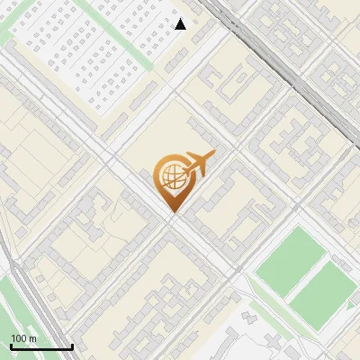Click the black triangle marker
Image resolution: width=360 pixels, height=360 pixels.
click(x=181, y=24)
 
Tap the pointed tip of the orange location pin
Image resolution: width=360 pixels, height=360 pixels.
click(x=172, y=212)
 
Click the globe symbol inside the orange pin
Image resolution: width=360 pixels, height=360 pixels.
click(x=171, y=176)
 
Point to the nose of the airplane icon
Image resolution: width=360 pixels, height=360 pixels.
click(x=214, y=154)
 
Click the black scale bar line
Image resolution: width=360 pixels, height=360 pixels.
click(x=40, y=346)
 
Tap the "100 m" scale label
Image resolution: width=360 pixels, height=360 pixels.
click(x=23, y=338)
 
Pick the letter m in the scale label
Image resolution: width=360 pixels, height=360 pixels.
click(x=32, y=338)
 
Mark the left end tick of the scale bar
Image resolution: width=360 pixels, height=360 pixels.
click(x=11, y=345)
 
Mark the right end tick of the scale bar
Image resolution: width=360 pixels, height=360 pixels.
click(x=72, y=345)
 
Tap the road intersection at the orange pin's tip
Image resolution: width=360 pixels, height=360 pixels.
click(x=172, y=216)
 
